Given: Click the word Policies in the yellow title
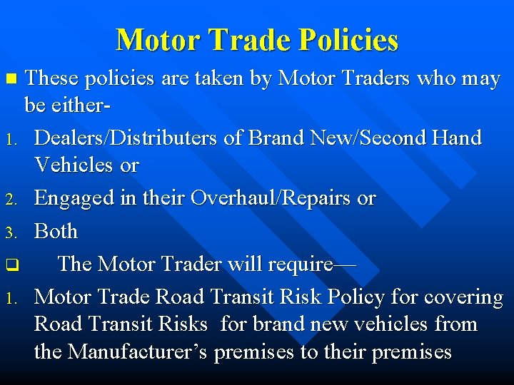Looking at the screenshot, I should pyautogui.click(x=348, y=40).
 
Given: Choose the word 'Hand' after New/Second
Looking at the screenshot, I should pyautogui.click(x=456, y=137).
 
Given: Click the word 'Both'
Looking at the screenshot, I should pyautogui.click(x=56, y=231).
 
